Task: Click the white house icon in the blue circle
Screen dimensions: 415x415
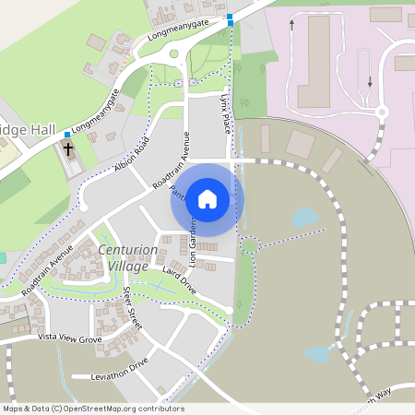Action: [x=207, y=199]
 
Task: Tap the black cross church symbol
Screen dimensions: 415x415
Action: [x=69, y=149]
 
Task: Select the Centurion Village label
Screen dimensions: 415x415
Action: [x=122, y=258]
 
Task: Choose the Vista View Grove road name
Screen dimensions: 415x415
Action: [x=69, y=339]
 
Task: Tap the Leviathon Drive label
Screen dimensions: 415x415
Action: [x=120, y=365]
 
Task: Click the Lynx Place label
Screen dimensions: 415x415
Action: [x=225, y=113]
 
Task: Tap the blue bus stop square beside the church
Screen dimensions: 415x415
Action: [x=67, y=135]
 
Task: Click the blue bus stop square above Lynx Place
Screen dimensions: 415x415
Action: [x=230, y=18]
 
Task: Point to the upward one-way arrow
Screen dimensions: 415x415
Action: [x=292, y=24]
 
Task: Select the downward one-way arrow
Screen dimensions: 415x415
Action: [x=371, y=81]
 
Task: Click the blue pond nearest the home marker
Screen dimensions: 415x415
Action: [x=303, y=219]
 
